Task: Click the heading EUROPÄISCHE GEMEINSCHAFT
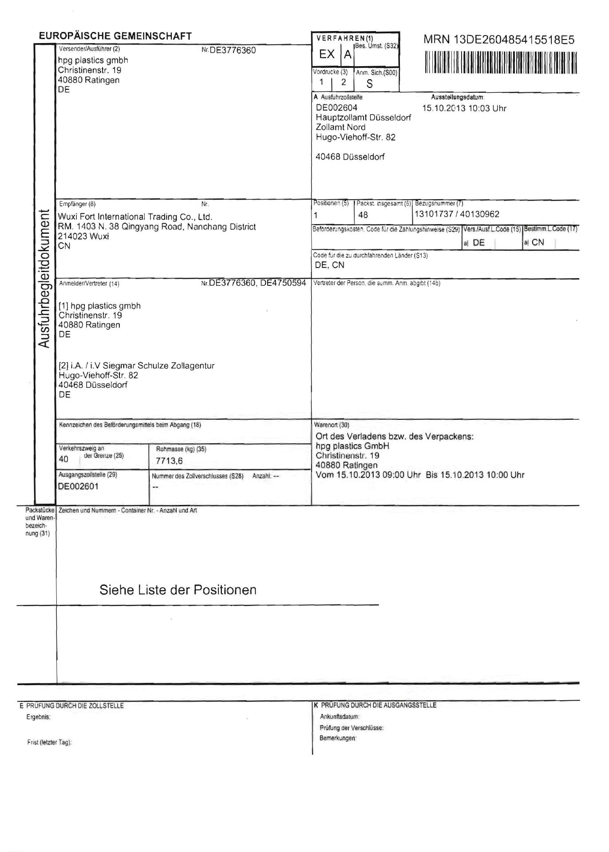(x=115, y=36)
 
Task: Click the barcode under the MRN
(x=501, y=63)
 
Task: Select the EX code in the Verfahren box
(x=327, y=55)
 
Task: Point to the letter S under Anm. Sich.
(x=369, y=84)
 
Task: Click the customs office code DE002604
(x=336, y=108)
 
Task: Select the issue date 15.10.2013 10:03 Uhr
(x=464, y=109)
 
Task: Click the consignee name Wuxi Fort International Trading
(x=135, y=217)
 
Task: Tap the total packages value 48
(x=363, y=215)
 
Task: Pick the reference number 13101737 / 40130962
(x=457, y=214)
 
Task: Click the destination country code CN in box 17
(x=538, y=242)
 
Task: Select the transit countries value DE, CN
(x=329, y=265)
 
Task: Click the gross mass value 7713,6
(x=169, y=461)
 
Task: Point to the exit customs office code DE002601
(x=78, y=486)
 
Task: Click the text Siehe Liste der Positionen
(x=178, y=590)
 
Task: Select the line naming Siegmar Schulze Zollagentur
(x=137, y=366)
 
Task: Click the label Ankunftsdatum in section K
(x=340, y=717)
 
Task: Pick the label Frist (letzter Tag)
(x=49, y=742)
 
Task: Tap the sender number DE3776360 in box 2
(x=232, y=51)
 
